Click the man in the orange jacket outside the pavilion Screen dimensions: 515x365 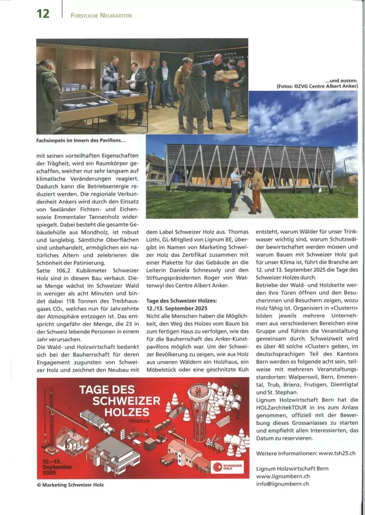pyautogui.click(x=257, y=188)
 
